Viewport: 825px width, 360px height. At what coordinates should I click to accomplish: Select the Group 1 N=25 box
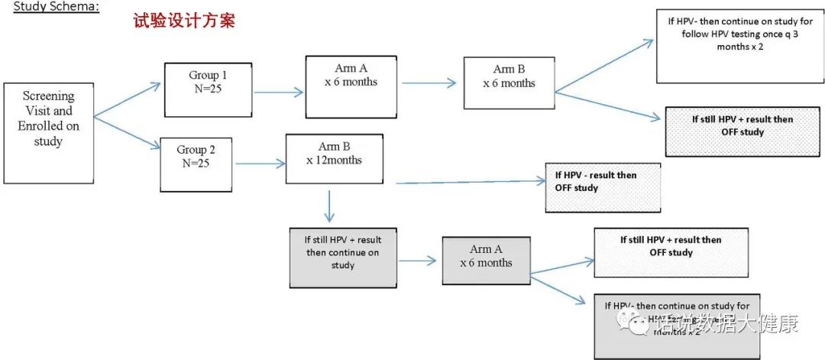click(208, 89)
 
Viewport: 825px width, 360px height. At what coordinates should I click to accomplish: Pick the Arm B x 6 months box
click(509, 82)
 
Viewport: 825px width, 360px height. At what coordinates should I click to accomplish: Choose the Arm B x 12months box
click(334, 158)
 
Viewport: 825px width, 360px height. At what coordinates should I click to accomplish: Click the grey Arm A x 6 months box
click(486, 261)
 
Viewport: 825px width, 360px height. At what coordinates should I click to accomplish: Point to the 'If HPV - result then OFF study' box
click(602, 186)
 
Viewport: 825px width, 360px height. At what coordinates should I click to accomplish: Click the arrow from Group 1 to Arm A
click(278, 92)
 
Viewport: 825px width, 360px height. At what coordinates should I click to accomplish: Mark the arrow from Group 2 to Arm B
click(260, 164)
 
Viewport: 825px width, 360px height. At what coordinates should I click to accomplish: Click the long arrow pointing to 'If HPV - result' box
click(470, 182)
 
